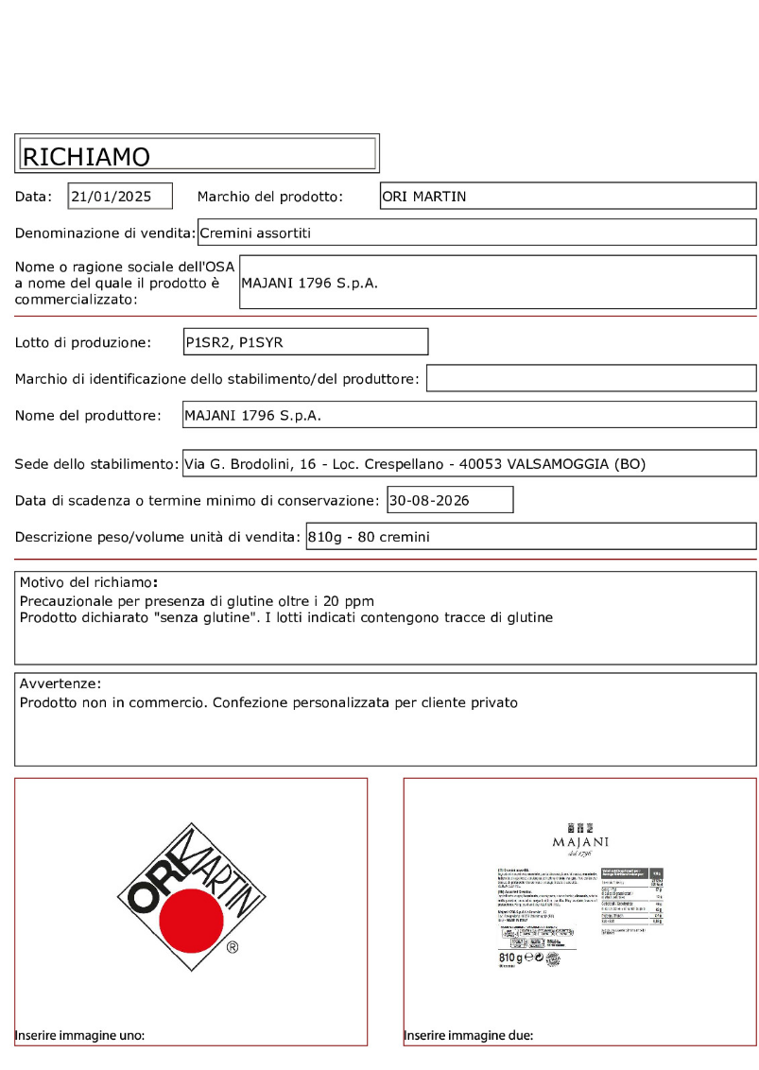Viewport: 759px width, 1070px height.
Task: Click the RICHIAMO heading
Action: click(x=86, y=156)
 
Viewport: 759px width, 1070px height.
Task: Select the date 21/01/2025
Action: click(x=112, y=197)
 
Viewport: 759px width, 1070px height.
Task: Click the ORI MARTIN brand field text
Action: click(x=424, y=197)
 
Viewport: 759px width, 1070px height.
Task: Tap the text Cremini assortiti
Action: click(x=255, y=233)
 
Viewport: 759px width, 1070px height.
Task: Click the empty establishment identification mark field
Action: click(x=591, y=379)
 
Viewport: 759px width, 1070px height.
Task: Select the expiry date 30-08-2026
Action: click(x=429, y=500)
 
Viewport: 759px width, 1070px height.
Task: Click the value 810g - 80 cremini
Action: click(x=369, y=537)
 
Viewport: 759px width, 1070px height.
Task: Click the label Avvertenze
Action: click(x=59, y=683)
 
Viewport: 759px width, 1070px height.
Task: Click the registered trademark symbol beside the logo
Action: click(x=232, y=946)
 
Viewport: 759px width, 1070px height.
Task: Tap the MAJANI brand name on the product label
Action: click(x=579, y=841)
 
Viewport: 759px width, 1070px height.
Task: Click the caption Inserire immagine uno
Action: click(x=79, y=1035)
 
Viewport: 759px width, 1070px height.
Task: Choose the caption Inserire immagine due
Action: click(x=468, y=1035)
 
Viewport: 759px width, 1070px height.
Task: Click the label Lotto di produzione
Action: click(x=83, y=342)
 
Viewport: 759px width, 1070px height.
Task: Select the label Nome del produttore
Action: click(x=87, y=415)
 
